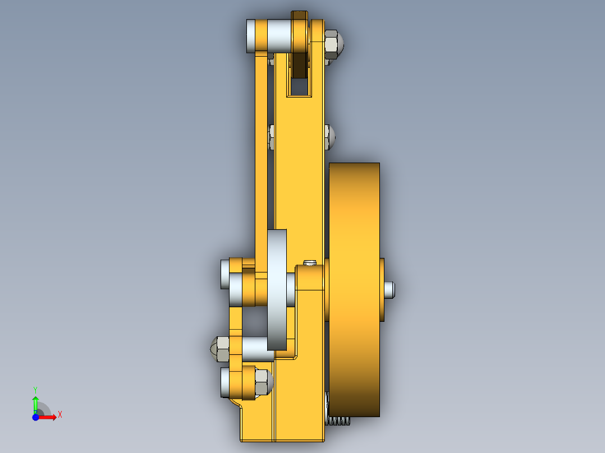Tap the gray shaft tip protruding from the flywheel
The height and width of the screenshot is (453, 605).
[x=390, y=289]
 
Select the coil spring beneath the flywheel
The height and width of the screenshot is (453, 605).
[x=338, y=420]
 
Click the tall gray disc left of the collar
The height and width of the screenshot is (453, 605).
[x=277, y=289]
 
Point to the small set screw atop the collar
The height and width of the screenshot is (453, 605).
[x=310, y=262]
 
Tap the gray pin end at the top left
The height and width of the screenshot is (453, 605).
[x=251, y=36]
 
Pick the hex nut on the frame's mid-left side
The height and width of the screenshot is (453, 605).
[x=272, y=137]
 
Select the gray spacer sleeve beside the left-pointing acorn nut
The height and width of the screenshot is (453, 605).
[x=256, y=349]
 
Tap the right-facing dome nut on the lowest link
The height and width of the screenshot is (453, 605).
[x=263, y=382]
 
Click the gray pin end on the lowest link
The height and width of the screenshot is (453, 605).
[x=224, y=382]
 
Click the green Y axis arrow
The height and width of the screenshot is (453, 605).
[x=35, y=401]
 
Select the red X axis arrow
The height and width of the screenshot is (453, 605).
[x=51, y=417]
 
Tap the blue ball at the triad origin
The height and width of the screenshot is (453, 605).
[x=35, y=417]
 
